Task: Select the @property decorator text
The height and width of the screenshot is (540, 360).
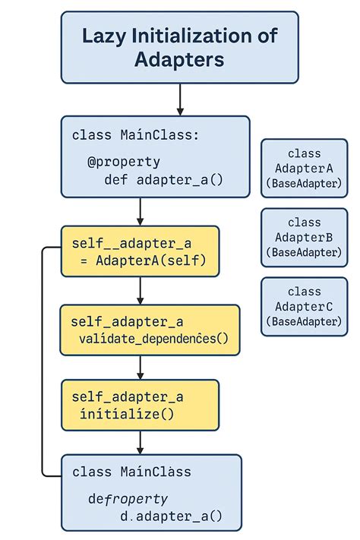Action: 123,162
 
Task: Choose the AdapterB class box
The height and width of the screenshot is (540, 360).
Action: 304,237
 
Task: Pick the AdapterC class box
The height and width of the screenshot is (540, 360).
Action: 304,306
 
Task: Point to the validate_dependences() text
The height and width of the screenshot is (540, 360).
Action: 152,339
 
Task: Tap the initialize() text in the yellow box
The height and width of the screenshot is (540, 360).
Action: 127,414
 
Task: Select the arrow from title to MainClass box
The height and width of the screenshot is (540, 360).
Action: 179,99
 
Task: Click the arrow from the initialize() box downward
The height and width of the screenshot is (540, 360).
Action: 141,442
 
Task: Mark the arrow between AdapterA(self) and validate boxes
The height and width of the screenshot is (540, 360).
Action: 141,289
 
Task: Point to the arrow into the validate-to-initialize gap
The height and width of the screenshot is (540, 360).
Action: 141,367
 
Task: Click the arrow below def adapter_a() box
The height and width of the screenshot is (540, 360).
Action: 141,210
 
